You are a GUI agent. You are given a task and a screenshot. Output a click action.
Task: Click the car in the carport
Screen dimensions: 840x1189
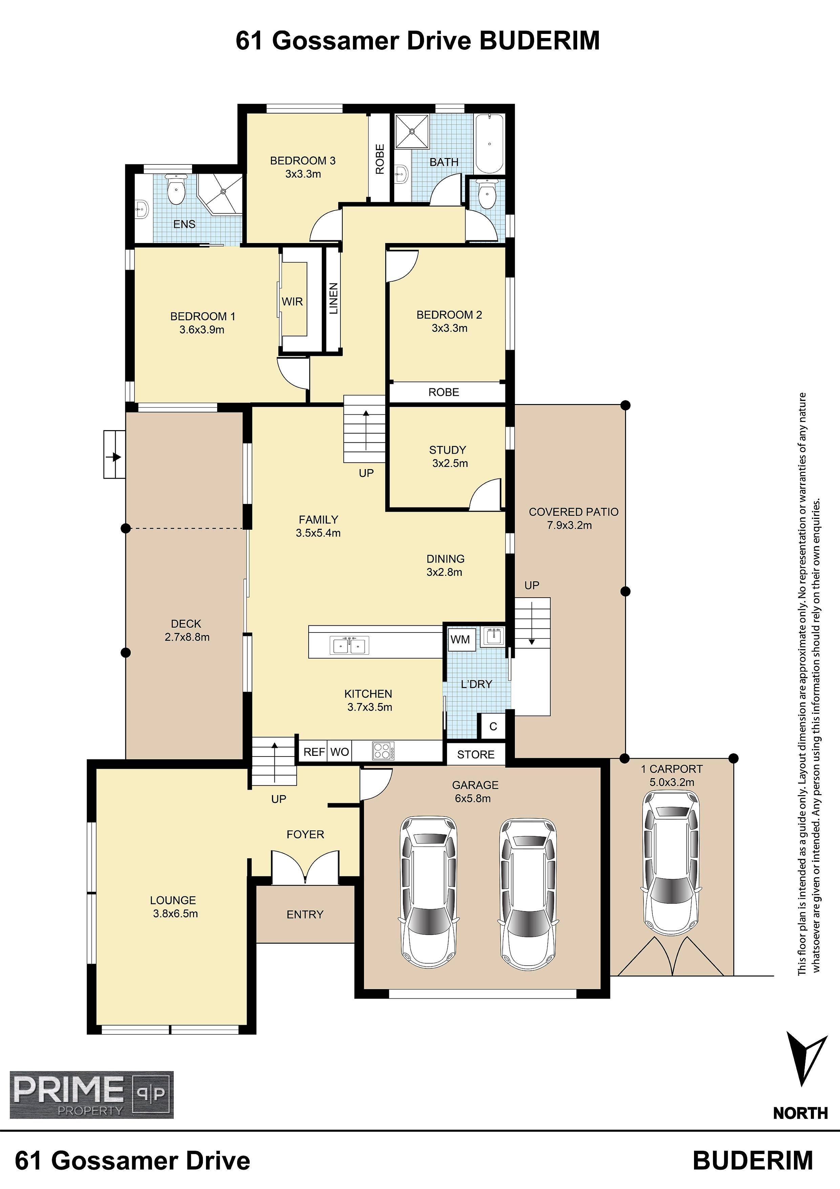671,862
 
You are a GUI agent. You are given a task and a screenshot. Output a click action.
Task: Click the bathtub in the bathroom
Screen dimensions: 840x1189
489,143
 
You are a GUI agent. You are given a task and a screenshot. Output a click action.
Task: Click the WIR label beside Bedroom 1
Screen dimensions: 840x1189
292,301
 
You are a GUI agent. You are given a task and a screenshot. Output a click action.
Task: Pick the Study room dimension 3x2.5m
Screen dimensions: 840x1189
450,463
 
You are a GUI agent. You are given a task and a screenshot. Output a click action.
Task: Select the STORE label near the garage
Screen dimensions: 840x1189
476,754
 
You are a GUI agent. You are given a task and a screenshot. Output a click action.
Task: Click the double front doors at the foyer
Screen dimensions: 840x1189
306,866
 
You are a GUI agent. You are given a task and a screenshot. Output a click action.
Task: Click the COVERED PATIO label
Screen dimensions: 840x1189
573,512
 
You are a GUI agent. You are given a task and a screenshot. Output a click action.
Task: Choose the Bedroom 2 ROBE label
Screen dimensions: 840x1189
444,392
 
